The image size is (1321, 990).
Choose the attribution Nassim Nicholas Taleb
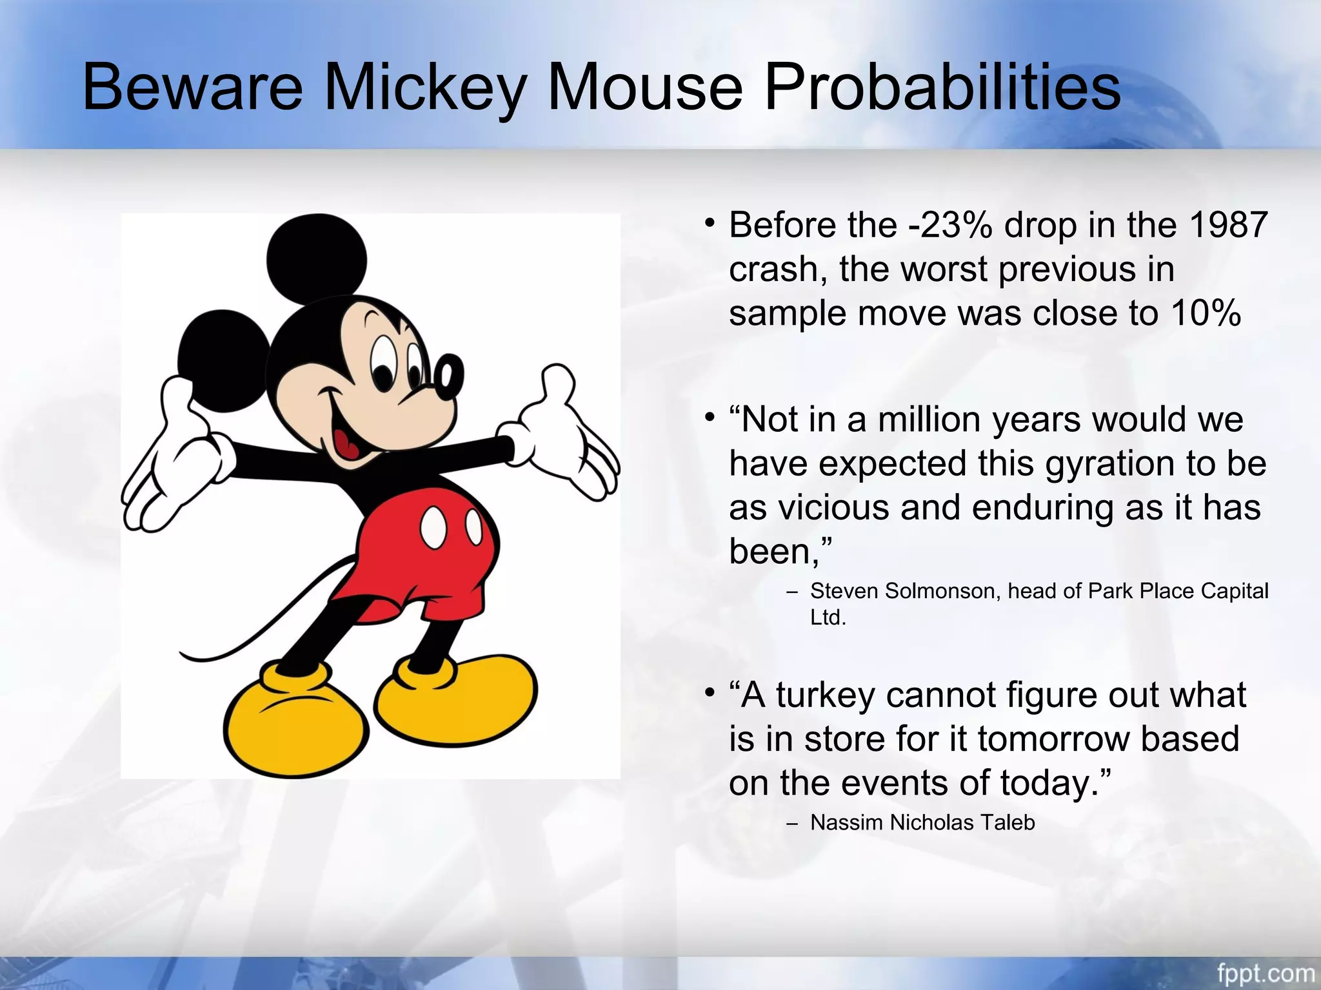[x=922, y=823]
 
